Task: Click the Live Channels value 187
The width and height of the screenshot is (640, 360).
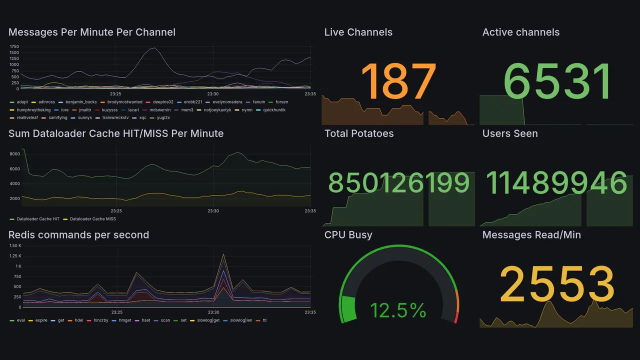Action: click(x=398, y=82)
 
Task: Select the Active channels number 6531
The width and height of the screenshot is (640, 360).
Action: click(x=557, y=82)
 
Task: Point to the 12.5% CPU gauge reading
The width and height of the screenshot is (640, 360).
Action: click(x=398, y=310)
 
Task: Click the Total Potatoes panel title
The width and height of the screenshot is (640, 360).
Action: click(x=359, y=133)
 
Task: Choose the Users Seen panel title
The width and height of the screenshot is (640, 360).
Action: click(x=510, y=133)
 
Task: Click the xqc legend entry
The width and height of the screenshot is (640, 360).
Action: click(x=142, y=117)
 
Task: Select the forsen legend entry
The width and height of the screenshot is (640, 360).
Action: click(x=281, y=102)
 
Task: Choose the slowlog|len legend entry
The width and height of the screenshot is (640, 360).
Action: click(x=241, y=320)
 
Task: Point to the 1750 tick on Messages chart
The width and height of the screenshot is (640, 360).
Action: click(x=14, y=46)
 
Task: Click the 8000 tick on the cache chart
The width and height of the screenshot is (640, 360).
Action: click(x=14, y=154)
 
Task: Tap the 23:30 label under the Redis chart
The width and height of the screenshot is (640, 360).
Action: click(x=213, y=312)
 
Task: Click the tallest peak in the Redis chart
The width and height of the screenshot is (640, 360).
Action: click(x=223, y=254)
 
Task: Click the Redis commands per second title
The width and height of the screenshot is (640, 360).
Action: click(x=78, y=235)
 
